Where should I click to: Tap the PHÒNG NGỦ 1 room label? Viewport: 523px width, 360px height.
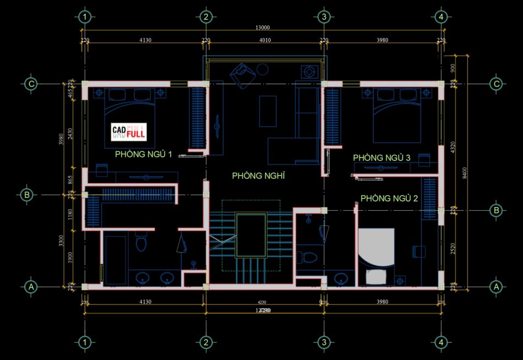[143, 155]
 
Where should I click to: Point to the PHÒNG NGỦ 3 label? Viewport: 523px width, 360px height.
[382, 158]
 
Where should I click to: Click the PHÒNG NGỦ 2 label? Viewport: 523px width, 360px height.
[389, 198]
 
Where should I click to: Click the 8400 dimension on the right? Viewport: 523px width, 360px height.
[465, 173]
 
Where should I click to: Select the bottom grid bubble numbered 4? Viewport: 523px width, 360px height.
[440, 343]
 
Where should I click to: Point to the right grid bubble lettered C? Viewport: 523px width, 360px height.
[497, 84]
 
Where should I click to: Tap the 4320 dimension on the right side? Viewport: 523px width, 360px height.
[453, 147]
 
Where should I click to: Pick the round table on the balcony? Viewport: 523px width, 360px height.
[263, 69]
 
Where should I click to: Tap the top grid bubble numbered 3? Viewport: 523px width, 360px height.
[324, 17]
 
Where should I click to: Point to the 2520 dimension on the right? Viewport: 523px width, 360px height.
[453, 248]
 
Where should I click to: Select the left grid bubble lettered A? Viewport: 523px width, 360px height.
[31, 287]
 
